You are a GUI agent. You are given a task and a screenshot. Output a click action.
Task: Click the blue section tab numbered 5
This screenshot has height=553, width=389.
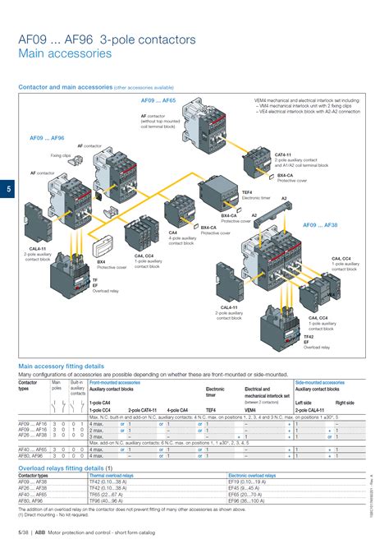point(7,191)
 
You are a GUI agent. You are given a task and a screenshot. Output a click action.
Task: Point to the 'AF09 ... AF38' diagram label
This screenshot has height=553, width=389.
point(320,224)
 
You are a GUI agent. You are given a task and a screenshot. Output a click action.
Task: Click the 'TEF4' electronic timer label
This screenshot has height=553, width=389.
point(246,192)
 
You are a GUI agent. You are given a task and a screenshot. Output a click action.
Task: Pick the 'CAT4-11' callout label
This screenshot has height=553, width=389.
point(282,154)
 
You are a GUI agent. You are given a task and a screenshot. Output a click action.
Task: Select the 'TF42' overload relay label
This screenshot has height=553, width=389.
point(309,336)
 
